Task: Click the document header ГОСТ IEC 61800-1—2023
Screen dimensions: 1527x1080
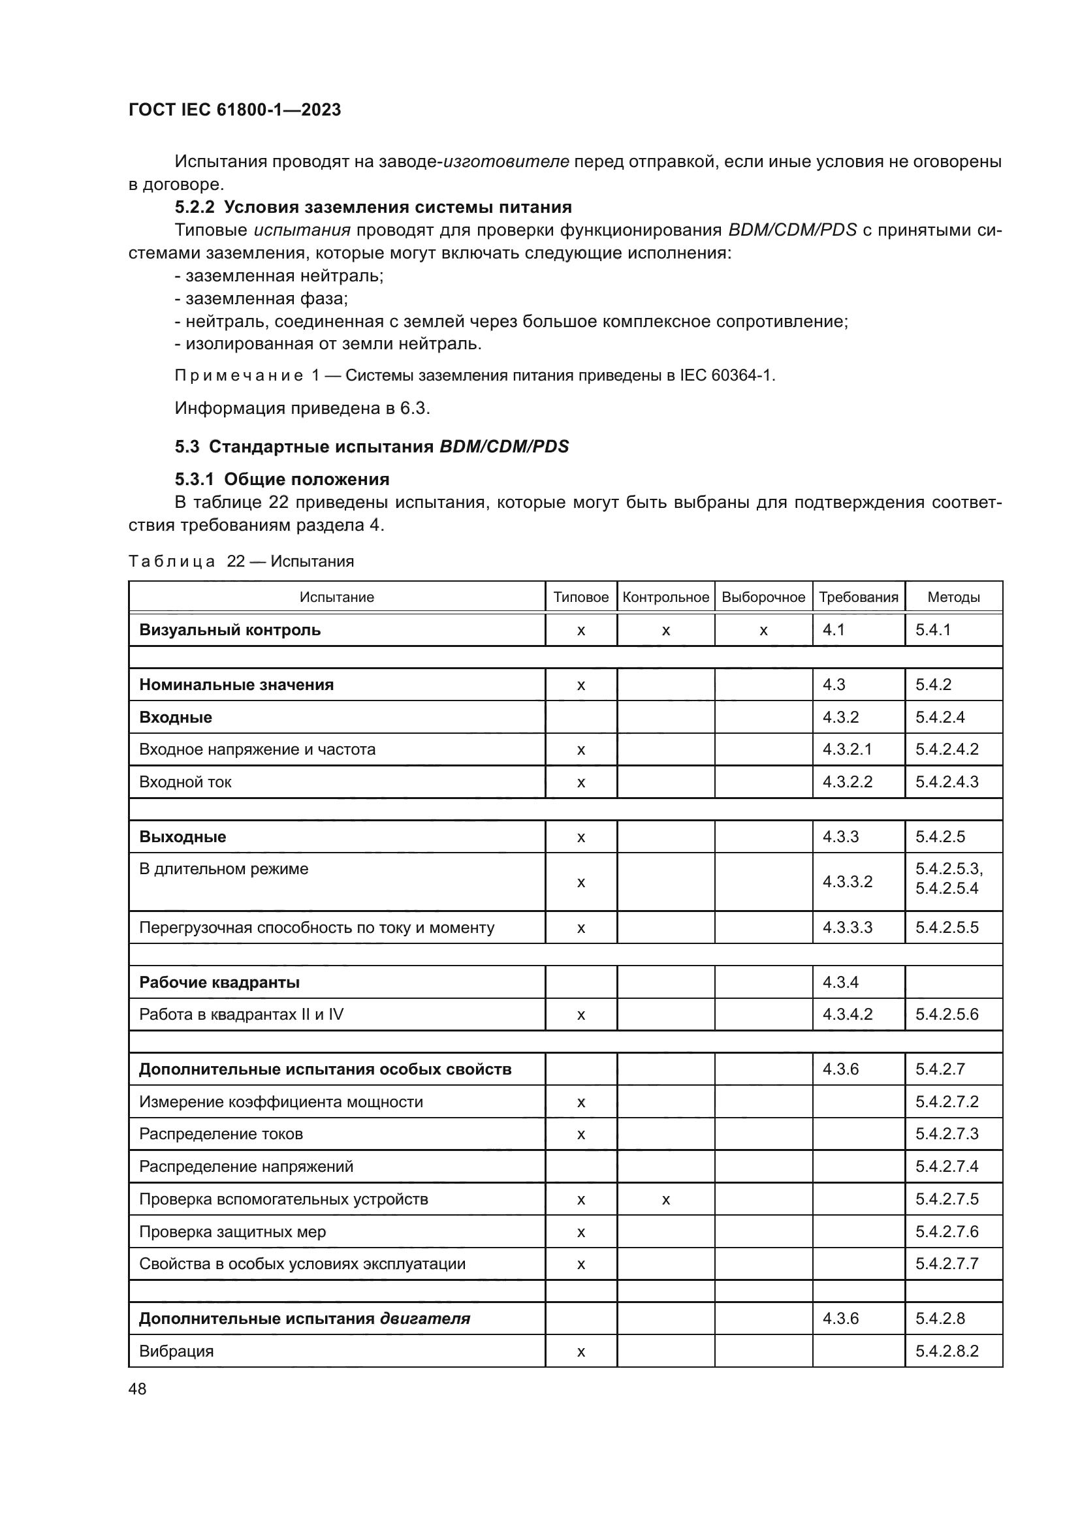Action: pyautogui.click(x=234, y=110)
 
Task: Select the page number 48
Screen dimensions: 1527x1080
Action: pyautogui.click(x=138, y=1389)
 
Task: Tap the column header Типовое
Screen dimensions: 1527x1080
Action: pyautogui.click(x=580, y=597)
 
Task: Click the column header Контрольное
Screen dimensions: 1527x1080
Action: pyautogui.click(x=665, y=597)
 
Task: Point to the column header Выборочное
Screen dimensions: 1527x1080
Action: pyautogui.click(x=763, y=597)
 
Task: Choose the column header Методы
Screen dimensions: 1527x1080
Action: pyautogui.click(x=953, y=597)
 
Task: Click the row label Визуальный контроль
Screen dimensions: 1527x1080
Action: pyautogui.click(x=229, y=630)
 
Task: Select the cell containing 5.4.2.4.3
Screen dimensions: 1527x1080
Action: pyautogui.click(x=946, y=782)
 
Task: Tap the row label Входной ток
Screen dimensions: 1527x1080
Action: pyautogui.click(x=185, y=782)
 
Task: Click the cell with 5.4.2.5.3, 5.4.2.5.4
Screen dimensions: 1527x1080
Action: pyautogui.click(x=949, y=879)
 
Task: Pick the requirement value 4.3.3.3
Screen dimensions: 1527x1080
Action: pyautogui.click(x=848, y=928)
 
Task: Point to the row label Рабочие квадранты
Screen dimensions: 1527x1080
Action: pyautogui.click(x=219, y=983)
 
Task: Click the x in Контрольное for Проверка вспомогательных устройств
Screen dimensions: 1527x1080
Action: pyautogui.click(x=665, y=1200)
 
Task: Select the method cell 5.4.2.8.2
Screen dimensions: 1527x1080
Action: pyautogui.click(x=946, y=1351)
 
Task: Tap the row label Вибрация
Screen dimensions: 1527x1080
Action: pyautogui.click(x=176, y=1351)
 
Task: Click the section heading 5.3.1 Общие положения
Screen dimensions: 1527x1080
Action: pyautogui.click(x=282, y=480)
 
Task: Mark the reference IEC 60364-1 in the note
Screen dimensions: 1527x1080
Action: pyautogui.click(x=726, y=376)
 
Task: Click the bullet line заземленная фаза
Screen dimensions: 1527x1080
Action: pyautogui.click(x=261, y=298)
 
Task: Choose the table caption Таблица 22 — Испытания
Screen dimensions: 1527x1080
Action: pyautogui.click(x=241, y=561)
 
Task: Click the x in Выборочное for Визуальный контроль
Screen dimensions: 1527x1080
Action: pyautogui.click(x=763, y=631)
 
